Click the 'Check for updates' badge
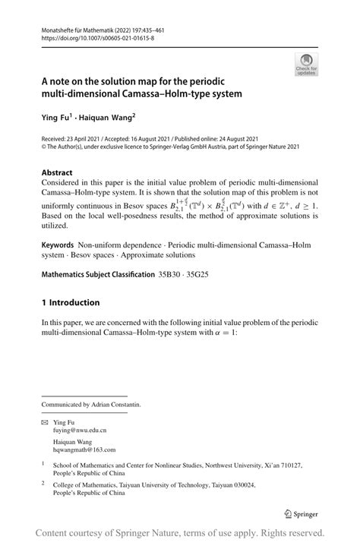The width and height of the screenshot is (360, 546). pyautogui.click(x=306, y=64)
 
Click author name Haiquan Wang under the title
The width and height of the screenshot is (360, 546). pyautogui.click(x=108, y=118)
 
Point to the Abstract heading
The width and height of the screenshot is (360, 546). pyautogui.click(x=57, y=172)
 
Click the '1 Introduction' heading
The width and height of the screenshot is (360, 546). pyautogui.click(x=75, y=302)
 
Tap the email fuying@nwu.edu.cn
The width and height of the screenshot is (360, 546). pyautogui.click(x=84, y=430)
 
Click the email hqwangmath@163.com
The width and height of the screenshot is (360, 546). pyautogui.click(x=90, y=450)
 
